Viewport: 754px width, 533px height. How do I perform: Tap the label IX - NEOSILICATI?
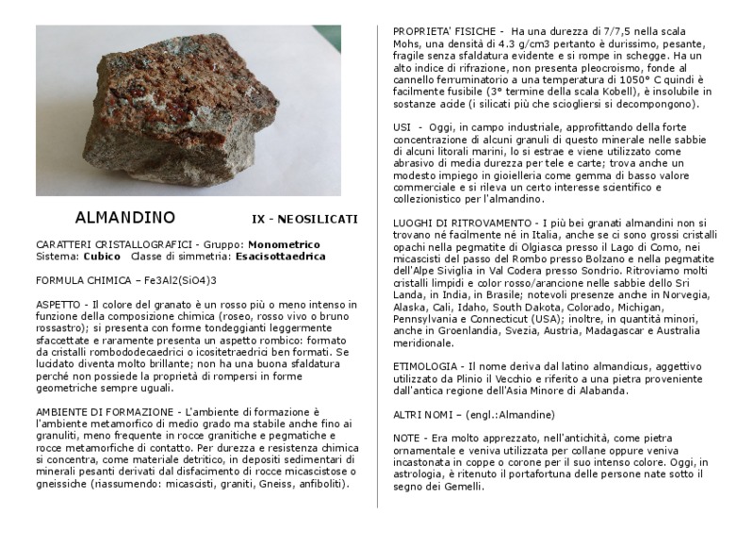304,219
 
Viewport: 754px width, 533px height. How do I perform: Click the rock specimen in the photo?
184,113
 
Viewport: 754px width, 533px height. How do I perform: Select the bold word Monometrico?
283,244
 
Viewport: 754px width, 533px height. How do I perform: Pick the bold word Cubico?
102,256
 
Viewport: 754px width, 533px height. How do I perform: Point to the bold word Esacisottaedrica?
281,256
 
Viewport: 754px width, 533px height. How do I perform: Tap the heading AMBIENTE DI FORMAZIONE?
103,412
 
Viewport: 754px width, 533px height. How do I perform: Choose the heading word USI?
402,124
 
